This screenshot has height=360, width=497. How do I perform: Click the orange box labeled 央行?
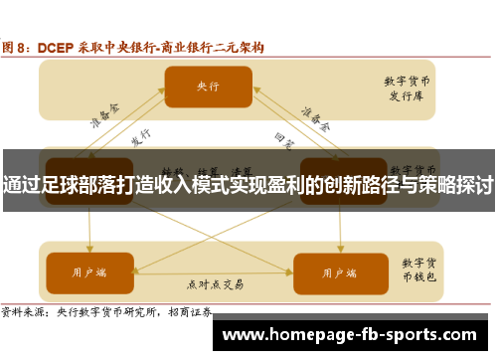point(208,87)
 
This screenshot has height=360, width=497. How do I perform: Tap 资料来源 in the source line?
point(26,311)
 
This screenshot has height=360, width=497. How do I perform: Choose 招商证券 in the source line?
point(195,311)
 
